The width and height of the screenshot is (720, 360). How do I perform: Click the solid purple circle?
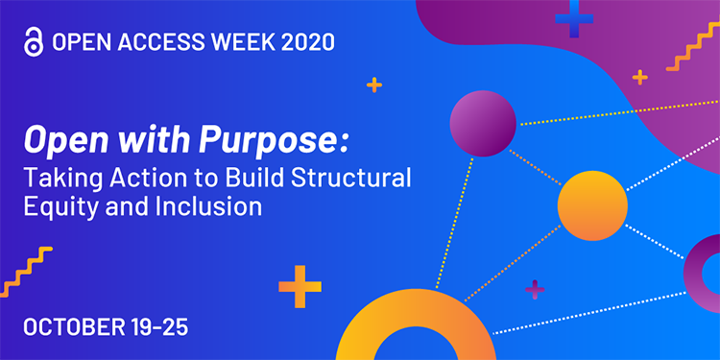(483, 123)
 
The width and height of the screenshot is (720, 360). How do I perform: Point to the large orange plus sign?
(300, 286)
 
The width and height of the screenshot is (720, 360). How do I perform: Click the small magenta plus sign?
(536, 289)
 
